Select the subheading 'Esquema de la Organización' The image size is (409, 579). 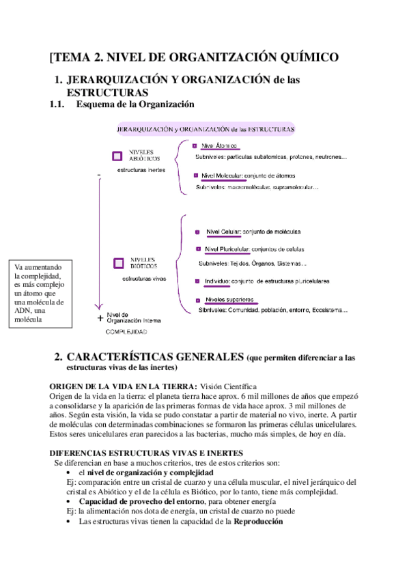click(136, 104)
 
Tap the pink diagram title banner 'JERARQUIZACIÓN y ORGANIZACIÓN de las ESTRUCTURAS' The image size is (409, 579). click(206, 128)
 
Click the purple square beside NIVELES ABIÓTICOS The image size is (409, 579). click(117, 156)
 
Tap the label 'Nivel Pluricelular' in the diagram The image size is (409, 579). click(228, 249)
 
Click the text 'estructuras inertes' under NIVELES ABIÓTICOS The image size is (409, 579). click(140, 169)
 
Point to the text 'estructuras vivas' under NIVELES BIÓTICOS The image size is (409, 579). click(144, 279)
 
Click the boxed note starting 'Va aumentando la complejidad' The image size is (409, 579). click(42, 293)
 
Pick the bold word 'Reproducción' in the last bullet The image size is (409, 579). click(258, 521)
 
